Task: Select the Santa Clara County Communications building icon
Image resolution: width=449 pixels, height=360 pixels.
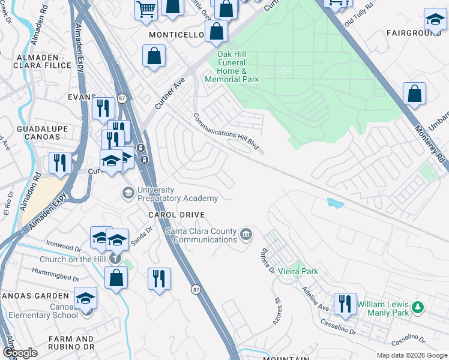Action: click(246, 233)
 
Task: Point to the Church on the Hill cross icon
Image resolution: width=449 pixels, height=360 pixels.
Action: click(114, 259)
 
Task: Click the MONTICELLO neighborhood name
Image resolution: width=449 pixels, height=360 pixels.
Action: click(177, 35)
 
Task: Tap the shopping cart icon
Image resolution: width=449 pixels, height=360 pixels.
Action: click(146, 10)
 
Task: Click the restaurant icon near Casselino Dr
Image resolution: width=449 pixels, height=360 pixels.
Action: click(345, 304)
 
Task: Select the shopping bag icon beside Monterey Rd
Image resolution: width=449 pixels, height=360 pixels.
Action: click(414, 94)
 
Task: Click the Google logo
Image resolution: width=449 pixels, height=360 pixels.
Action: click(20, 353)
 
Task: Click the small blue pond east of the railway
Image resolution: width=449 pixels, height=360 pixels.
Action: click(334, 203)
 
